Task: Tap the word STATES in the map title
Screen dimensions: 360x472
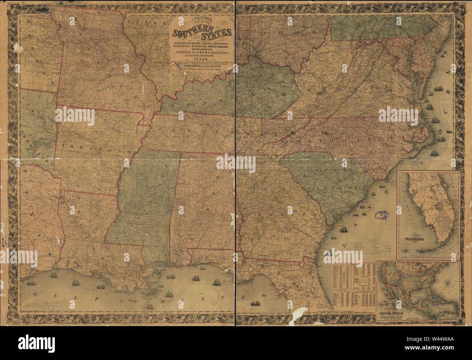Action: coord(217,33)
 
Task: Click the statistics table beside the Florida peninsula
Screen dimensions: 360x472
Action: coord(353,287)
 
